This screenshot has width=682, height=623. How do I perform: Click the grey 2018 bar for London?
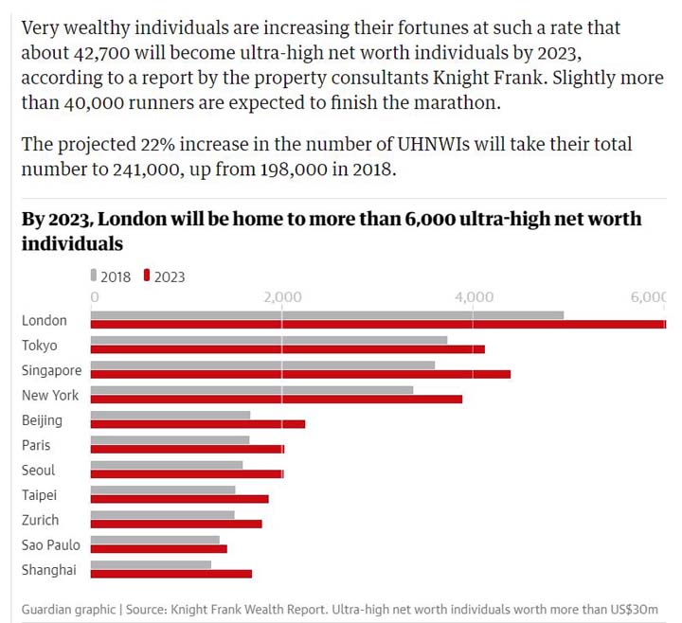pyautogui.click(x=327, y=315)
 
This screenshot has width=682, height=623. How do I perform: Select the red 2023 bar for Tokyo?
pyautogui.click(x=287, y=349)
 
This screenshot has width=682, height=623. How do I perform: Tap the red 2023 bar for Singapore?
pyautogui.click(x=300, y=374)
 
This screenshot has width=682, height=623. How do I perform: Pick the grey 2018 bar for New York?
pyautogui.click(x=251, y=389)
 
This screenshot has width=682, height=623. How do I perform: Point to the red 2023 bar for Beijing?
pyautogui.click(x=197, y=424)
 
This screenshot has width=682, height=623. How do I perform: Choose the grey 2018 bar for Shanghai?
pyautogui.click(x=151, y=563)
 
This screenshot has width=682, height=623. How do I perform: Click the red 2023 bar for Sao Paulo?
pyautogui.click(x=158, y=548)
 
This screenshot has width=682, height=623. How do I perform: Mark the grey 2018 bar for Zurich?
pyautogui.click(x=162, y=514)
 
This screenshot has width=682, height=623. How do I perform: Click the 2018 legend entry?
pyautogui.click(x=111, y=276)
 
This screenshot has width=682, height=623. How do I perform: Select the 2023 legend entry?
pyautogui.click(x=165, y=276)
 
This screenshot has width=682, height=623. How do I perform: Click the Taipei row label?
pyautogui.click(x=40, y=494)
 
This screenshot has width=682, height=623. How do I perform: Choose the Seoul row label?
pyautogui.click(x=39, y=470)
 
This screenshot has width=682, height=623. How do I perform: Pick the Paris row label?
pyautogui.click(x=36, y=445)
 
